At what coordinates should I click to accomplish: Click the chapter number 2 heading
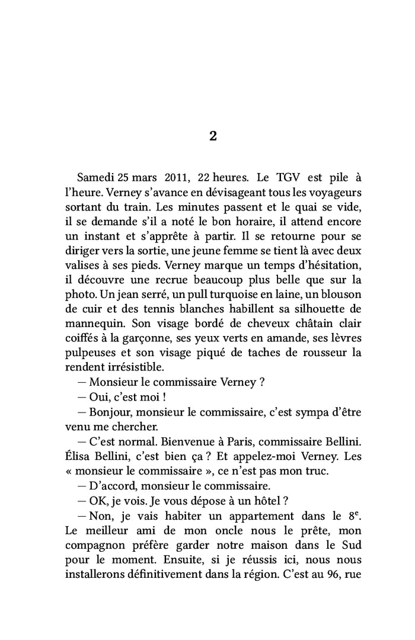coord(213,136)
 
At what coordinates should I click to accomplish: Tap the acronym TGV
coord(273,178)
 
